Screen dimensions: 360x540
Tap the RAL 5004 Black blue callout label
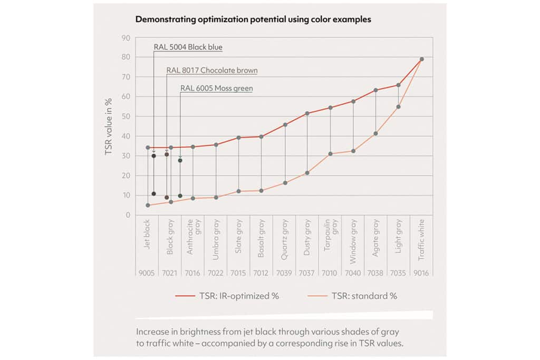[188, 47]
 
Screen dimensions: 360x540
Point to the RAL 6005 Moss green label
[216, 89]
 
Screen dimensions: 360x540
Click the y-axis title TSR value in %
[110, 127]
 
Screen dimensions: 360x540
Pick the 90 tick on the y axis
[126, 38]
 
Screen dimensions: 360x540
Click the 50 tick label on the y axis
[126, 116]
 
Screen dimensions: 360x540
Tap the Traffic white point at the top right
[421, 59]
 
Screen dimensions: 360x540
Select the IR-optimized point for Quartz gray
[285, 125]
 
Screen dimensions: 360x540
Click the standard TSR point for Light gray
[399, 107]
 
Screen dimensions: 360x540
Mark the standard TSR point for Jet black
[148, 205]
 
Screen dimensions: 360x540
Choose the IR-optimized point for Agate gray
[375, 90]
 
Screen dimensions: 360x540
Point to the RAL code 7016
[193, 273]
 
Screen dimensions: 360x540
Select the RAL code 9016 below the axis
[421, 273]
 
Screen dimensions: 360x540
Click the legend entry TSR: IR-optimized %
[228, 296]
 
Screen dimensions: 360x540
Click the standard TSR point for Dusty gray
[307, 173]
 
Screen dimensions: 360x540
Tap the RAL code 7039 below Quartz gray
[285, 273]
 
